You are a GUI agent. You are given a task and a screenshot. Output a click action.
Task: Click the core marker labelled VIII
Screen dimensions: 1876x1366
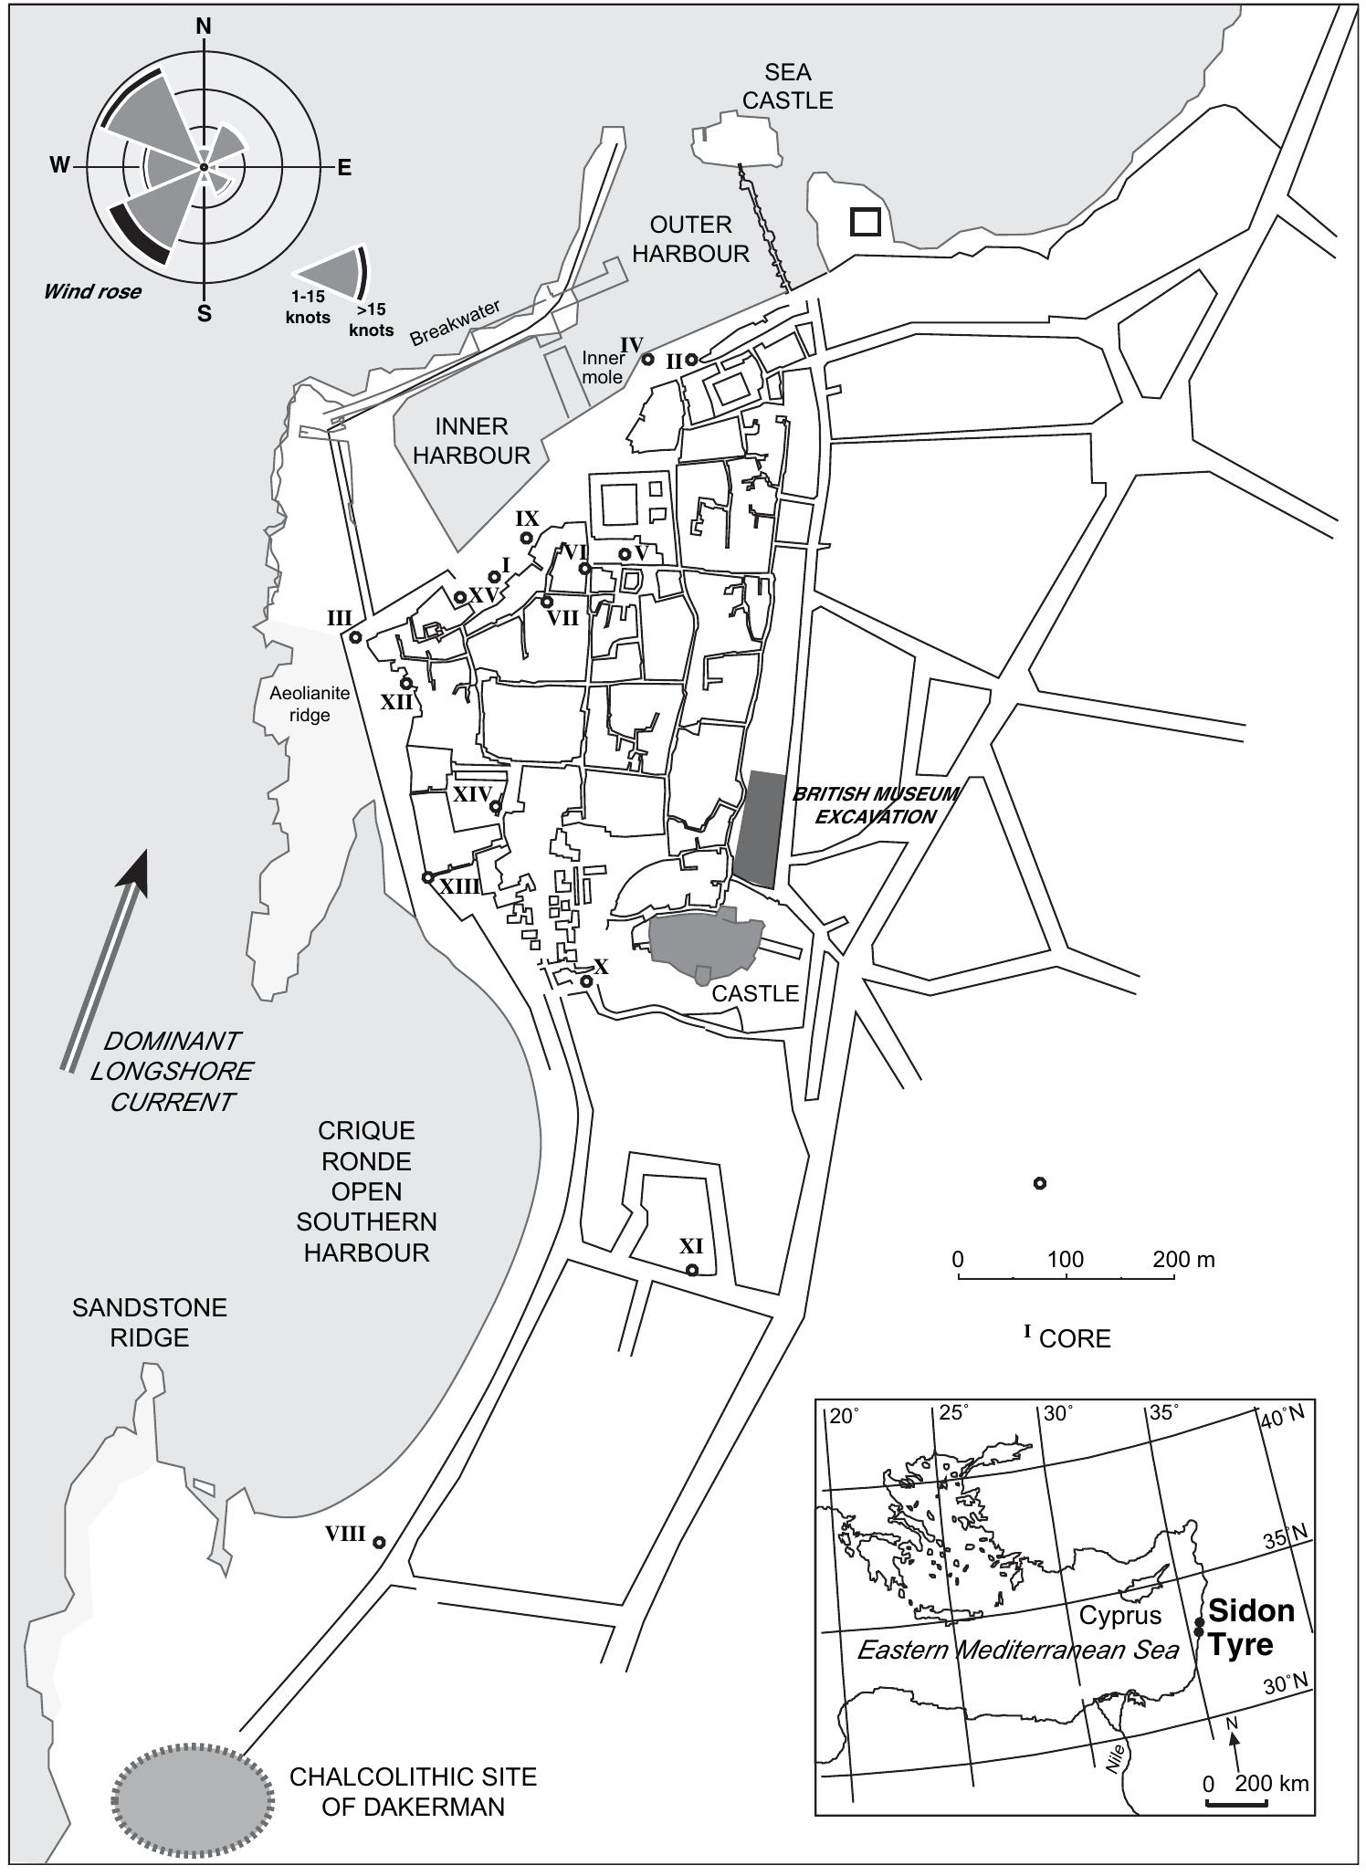378,1542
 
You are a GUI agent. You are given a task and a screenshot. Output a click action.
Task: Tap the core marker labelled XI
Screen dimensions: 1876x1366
692,1270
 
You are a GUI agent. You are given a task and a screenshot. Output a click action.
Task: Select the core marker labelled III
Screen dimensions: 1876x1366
355,636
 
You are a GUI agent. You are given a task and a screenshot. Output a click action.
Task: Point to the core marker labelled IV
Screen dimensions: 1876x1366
647,359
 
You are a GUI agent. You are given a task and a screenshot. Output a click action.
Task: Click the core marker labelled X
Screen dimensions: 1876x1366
586,981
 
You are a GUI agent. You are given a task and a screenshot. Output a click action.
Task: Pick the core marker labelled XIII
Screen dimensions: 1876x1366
427,877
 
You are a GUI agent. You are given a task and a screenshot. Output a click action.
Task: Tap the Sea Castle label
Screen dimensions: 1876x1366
787,86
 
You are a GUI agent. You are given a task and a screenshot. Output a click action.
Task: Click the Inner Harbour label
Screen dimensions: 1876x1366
471,441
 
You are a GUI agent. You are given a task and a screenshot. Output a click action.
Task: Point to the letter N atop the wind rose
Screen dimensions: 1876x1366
204,26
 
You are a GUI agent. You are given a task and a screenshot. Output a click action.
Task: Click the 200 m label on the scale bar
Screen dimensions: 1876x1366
1183,1260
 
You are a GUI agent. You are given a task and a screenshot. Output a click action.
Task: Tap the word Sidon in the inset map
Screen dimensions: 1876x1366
1250,1610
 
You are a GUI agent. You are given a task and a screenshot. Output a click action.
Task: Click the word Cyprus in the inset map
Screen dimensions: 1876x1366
1120,1615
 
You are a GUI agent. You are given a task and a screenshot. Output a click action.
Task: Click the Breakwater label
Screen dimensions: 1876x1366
455,323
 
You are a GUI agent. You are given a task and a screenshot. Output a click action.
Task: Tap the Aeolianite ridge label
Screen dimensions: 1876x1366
310,704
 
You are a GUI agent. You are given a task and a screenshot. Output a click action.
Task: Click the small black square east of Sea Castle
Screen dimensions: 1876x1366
865,222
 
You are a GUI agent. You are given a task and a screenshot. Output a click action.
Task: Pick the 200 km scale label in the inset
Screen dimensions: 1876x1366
1271,1783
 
